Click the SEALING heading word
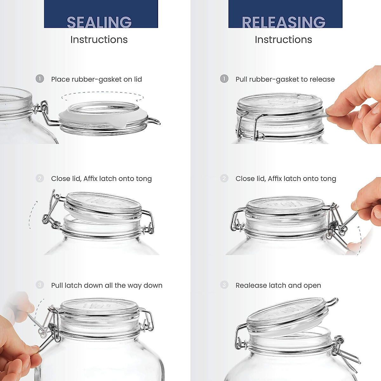(99, 22)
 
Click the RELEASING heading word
(284, 22)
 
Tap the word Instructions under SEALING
(99, 40)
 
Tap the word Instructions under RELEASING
(284, 40)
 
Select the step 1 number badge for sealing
(40, 78)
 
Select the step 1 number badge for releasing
(224, 78)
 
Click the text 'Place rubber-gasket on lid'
(97, 79)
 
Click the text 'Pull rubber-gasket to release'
(285, 79)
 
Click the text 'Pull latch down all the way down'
(107, 285)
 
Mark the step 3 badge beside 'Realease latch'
(224, 285)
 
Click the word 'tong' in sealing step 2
(144, 179)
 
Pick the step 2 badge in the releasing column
(224, 178)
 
